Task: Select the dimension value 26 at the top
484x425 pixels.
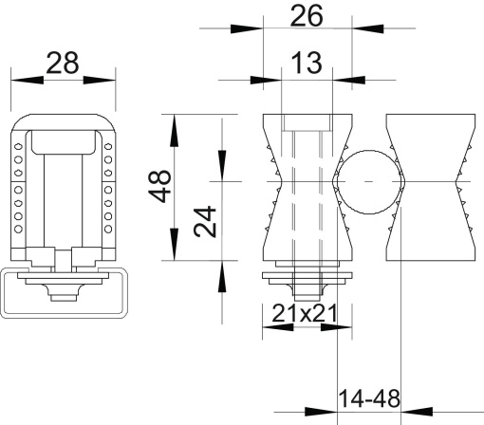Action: [307, 15]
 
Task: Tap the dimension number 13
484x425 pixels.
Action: [307, 65]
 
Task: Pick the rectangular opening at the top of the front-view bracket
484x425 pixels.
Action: [63, 142]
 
